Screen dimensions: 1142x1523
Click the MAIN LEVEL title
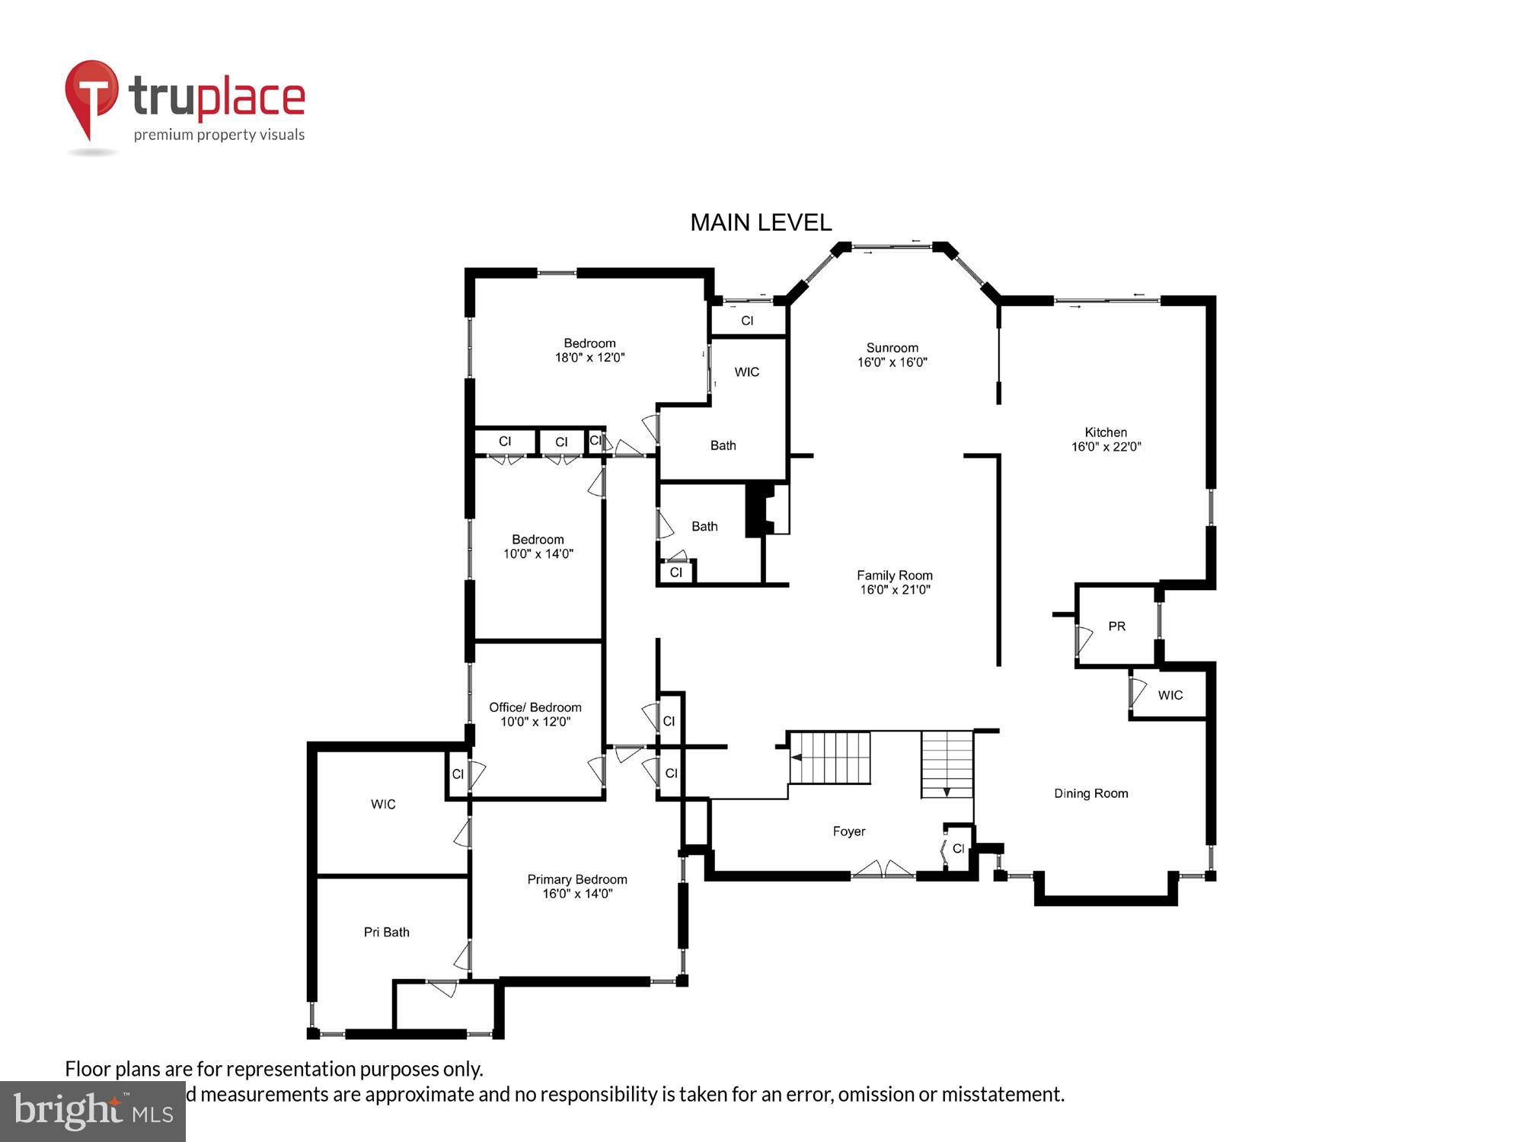click(x=760, y=222)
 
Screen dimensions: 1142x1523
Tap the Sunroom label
click(x=892, y=348)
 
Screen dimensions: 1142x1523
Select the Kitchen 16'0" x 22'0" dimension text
click(x=1106, y=447)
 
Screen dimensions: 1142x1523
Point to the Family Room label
click(x=894, y=576)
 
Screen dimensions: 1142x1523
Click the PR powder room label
click(x=1116, y=627)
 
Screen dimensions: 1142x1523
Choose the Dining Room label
click(x=1090, y=793)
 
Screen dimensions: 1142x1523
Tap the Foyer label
click(x=848, y=831)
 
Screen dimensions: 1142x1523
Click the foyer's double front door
click(x=883, y=869)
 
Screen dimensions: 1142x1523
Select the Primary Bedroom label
click(x=577, y=879)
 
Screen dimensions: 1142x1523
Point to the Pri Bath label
click(x=386, y=932)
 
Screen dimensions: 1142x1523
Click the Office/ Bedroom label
click(x=535, y=707)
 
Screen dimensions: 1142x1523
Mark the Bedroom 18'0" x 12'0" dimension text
click(x=589, y=357)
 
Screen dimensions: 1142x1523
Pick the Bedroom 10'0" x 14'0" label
click(x=538, y=547)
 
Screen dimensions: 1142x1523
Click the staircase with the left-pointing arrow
click(x=830, y=758)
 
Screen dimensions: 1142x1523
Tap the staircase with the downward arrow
click(x=947, y=764)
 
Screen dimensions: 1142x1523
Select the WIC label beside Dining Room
click(x=1170, y=695)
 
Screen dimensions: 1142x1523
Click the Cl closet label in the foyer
click(x=958, y=848)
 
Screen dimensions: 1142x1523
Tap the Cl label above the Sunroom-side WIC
click(x=747, y=321)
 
